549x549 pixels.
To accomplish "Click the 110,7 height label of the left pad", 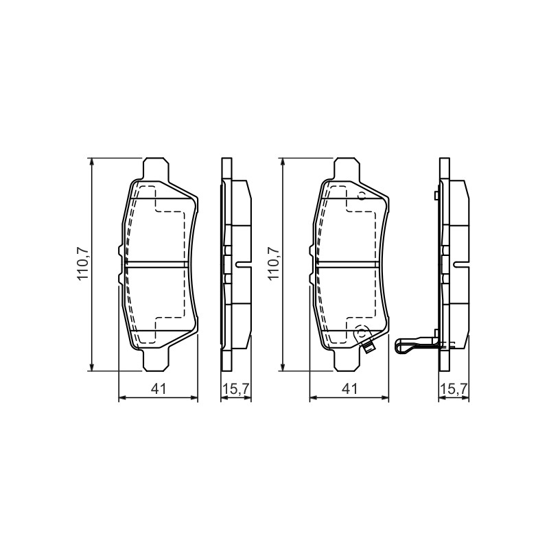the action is click(x=84, y=264).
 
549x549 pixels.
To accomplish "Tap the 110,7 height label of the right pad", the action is click(x=274, y=264).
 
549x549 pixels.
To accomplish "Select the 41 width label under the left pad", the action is click(x=159, y=388).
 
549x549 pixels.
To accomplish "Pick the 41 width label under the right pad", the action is click(x=349, y=388).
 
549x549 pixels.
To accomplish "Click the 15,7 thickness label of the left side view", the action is click(x=236, y=388).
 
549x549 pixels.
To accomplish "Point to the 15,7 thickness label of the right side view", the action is click(x=454, y=388).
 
